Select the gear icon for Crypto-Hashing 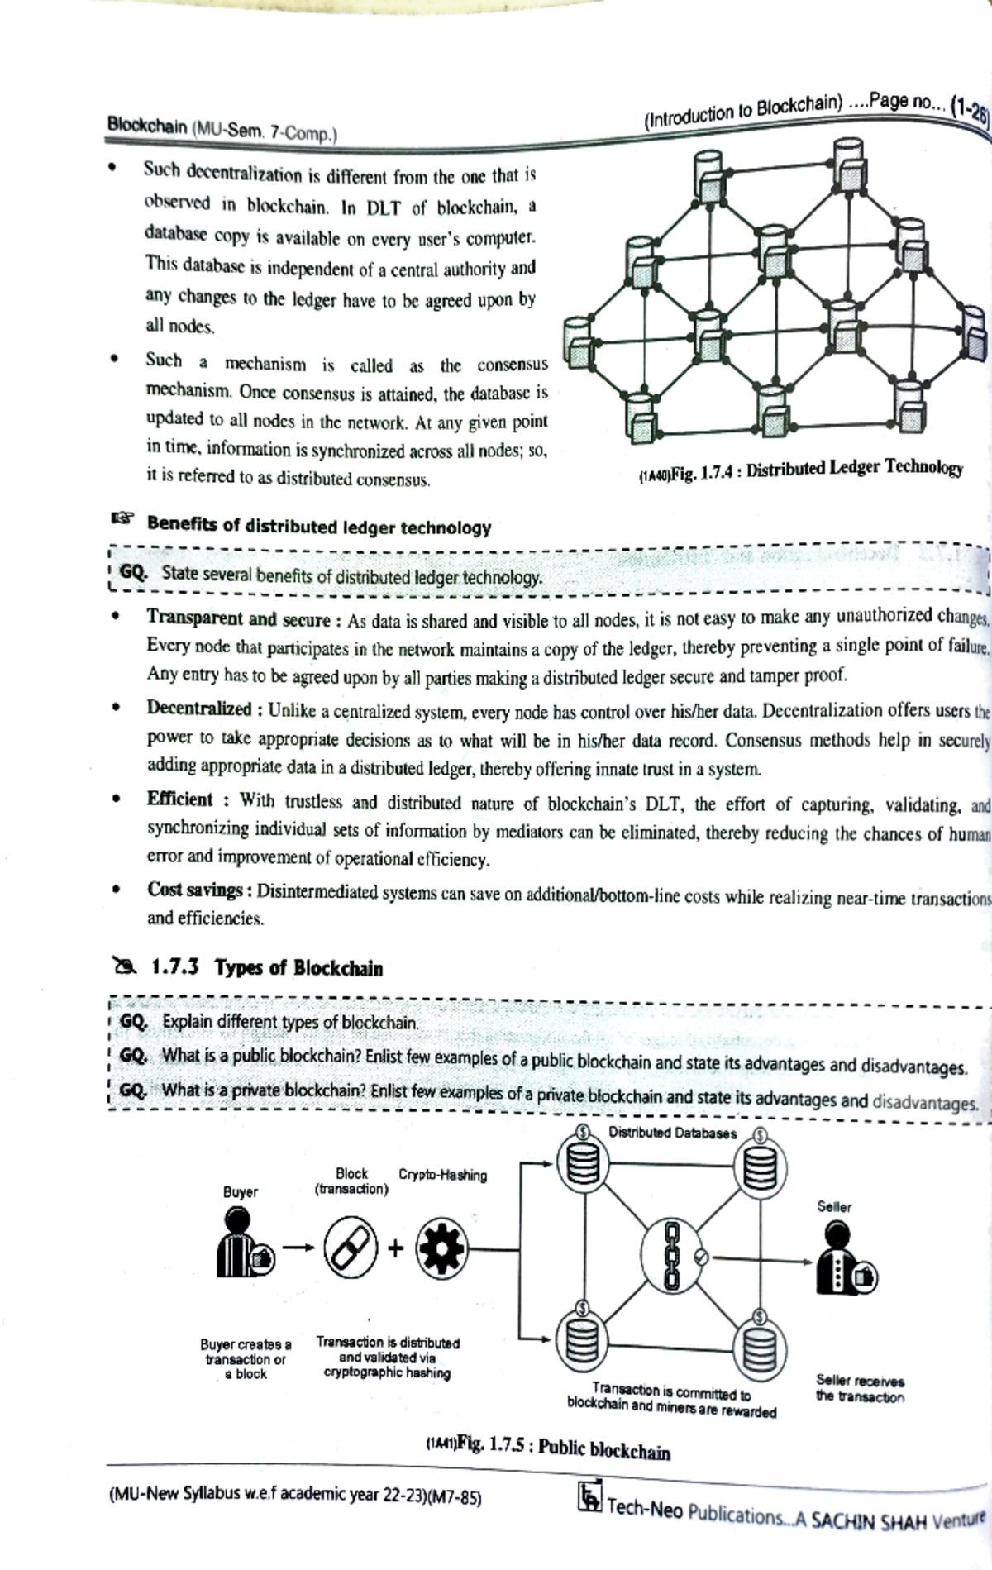coord(441,1248)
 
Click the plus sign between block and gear coord(395,1248)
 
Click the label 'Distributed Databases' coord(671,1133)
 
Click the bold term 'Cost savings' coord(194,890)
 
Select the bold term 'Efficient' coord(179,799)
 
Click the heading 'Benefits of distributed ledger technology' coord(318,527)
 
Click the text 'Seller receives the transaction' coord(860,1388)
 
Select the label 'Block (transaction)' coord(351,1181)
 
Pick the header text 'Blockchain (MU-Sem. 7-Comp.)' coord(221,128)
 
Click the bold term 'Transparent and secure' coord(238,618)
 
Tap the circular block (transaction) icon coord(350,1248)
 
